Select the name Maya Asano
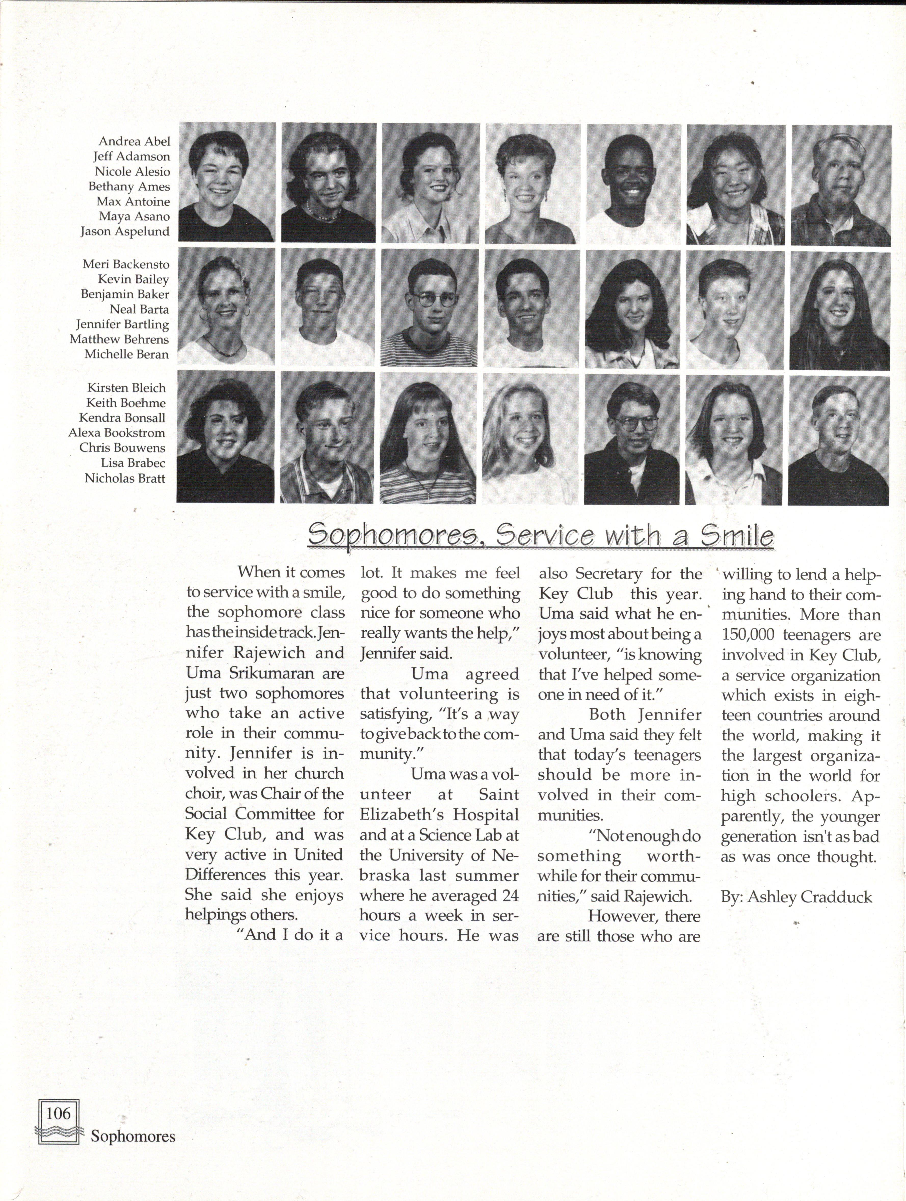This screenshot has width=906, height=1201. [x=134, y=216]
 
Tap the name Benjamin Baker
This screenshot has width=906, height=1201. [x=125, y=294]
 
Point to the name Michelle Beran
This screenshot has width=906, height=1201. [x=126, y=354]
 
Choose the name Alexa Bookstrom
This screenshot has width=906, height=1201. [x=116, y=433]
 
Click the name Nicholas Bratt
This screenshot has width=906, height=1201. [x=125, y=478]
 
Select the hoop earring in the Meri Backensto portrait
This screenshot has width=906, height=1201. [x=204, y=315]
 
